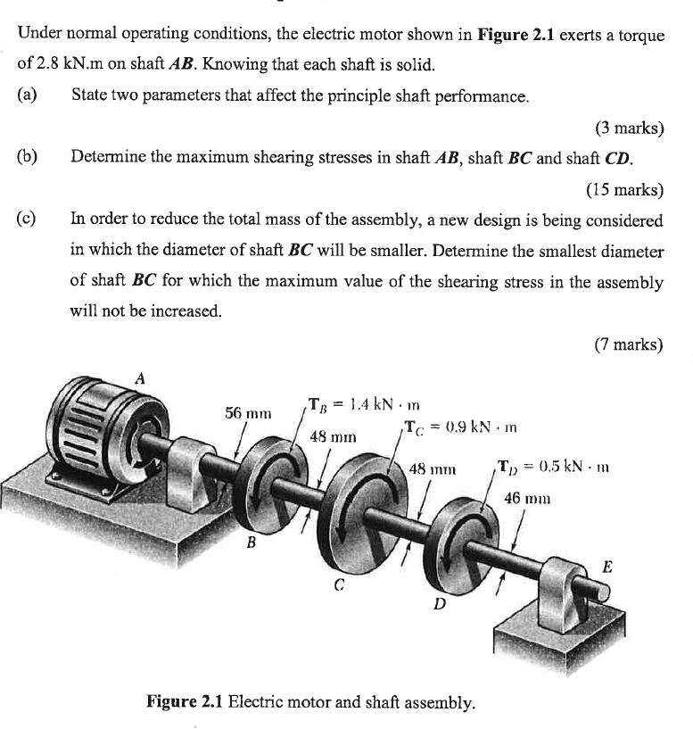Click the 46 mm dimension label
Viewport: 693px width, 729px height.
tap(525, 499)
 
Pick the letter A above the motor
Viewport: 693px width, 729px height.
tap(139, 377)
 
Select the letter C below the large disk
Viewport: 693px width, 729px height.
tap(338, 586)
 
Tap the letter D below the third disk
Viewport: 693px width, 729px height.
tap(439, 604)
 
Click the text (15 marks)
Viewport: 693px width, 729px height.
tap(624, 188)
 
